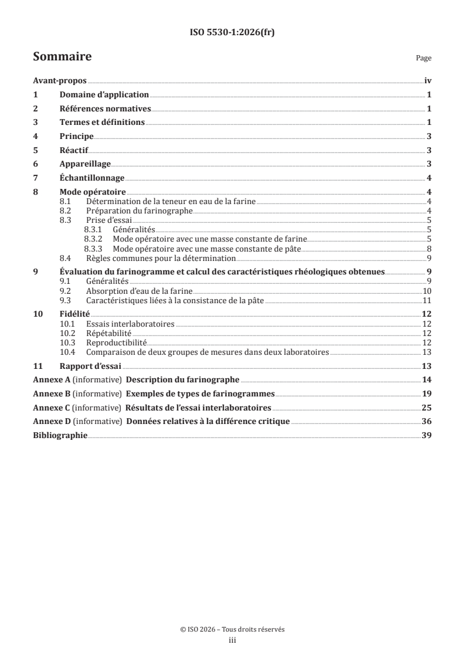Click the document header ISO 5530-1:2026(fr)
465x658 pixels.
pyautogui.click(x=232, y=33)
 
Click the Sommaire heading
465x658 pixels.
pyautogui.click(x=62, y=57)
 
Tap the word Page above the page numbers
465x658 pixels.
pyautogui.click(x=423, y=58)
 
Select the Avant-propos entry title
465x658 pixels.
pyautogui.click(x=60, y=82)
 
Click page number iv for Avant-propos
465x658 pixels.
pyautogui.click(x=428, y=82)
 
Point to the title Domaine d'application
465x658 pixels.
pyautogui.click(x=104, y=95)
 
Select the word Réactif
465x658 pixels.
pyautogui.click(x=74, y=150)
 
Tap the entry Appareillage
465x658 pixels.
pyautogui.click(x=85, y=164)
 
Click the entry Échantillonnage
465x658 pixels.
pyautogui.click(x=92, y=178)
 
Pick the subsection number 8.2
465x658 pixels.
pyautogui.click(x=66, y=211)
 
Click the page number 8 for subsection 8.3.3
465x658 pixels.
pyautogui.click(x=430, y=249)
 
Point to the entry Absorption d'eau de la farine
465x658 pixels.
pyautogui.click(x=139, y=290)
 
